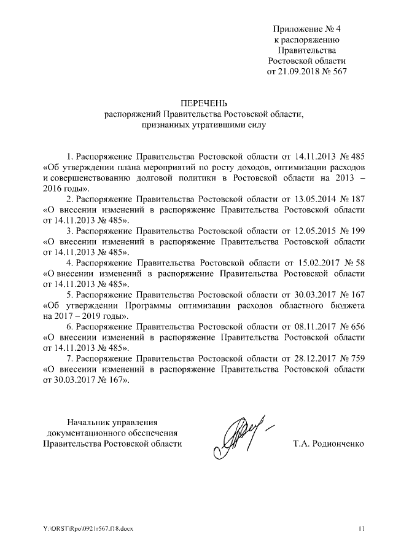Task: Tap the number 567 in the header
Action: (339, 72)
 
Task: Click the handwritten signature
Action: (242, 433)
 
